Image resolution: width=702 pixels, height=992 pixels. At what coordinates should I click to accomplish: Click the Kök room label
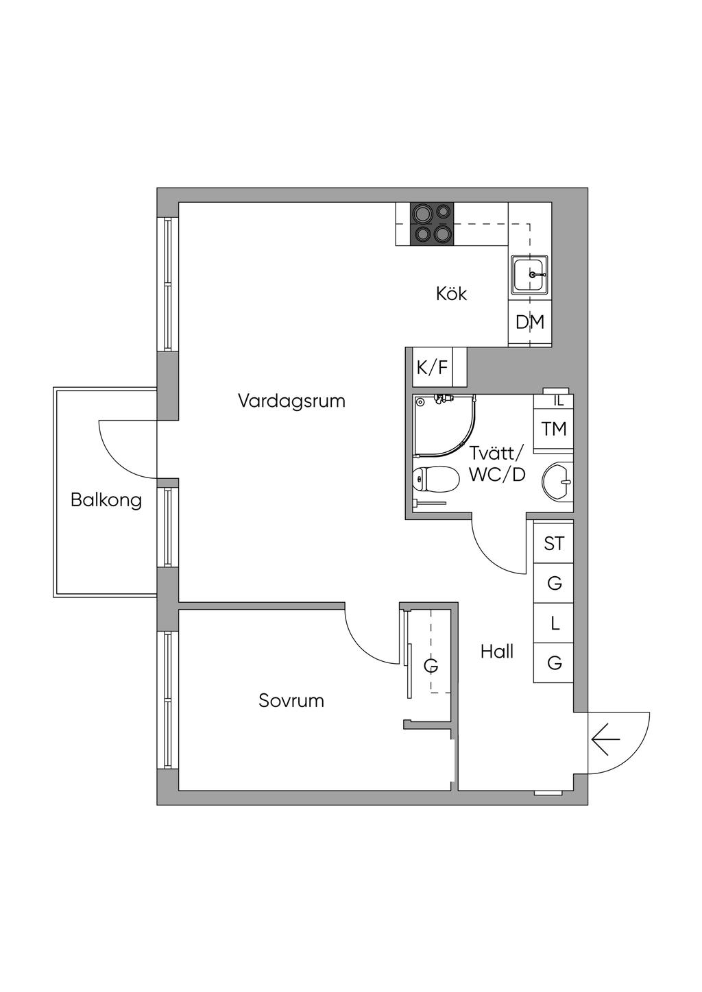click(x=451, y=294)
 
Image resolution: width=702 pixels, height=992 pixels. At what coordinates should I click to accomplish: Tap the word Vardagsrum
click(x=291, y=401)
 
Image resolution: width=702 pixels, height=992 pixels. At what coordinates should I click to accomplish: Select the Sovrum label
click(x=291, y=701)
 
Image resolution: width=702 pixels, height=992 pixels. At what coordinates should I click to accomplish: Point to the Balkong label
click(x=106, y=500)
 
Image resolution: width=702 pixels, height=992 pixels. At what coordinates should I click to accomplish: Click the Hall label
click(x=497, y=652)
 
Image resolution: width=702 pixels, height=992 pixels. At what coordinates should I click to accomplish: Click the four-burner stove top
click(x=432, y=224)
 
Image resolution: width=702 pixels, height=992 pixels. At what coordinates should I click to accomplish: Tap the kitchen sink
click(x=529, y=274)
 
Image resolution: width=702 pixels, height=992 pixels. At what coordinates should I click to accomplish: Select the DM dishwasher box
click(x=530, y=322)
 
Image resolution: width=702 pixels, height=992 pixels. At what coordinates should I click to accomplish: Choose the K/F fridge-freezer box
click(x=433, y=368)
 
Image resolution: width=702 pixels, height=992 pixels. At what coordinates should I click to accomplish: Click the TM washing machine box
click(x=554, y=430)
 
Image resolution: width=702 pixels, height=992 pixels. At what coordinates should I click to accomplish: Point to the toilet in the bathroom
click(x=436, y=479)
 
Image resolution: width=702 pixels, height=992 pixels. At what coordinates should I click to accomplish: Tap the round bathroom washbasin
click(x=557, y=481)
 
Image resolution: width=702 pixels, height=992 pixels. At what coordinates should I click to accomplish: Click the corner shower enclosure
click(x=442, y=425)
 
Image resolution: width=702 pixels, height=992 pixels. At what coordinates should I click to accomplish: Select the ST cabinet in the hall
click(x=554, y=544)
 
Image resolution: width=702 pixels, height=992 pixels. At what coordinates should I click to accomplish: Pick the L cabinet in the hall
click(x=554, y=624)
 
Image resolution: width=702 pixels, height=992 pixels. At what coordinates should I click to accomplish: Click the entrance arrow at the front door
click(x=606, y=740)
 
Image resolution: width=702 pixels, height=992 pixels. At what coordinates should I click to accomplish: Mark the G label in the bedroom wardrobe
click(x=431, y=666)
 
